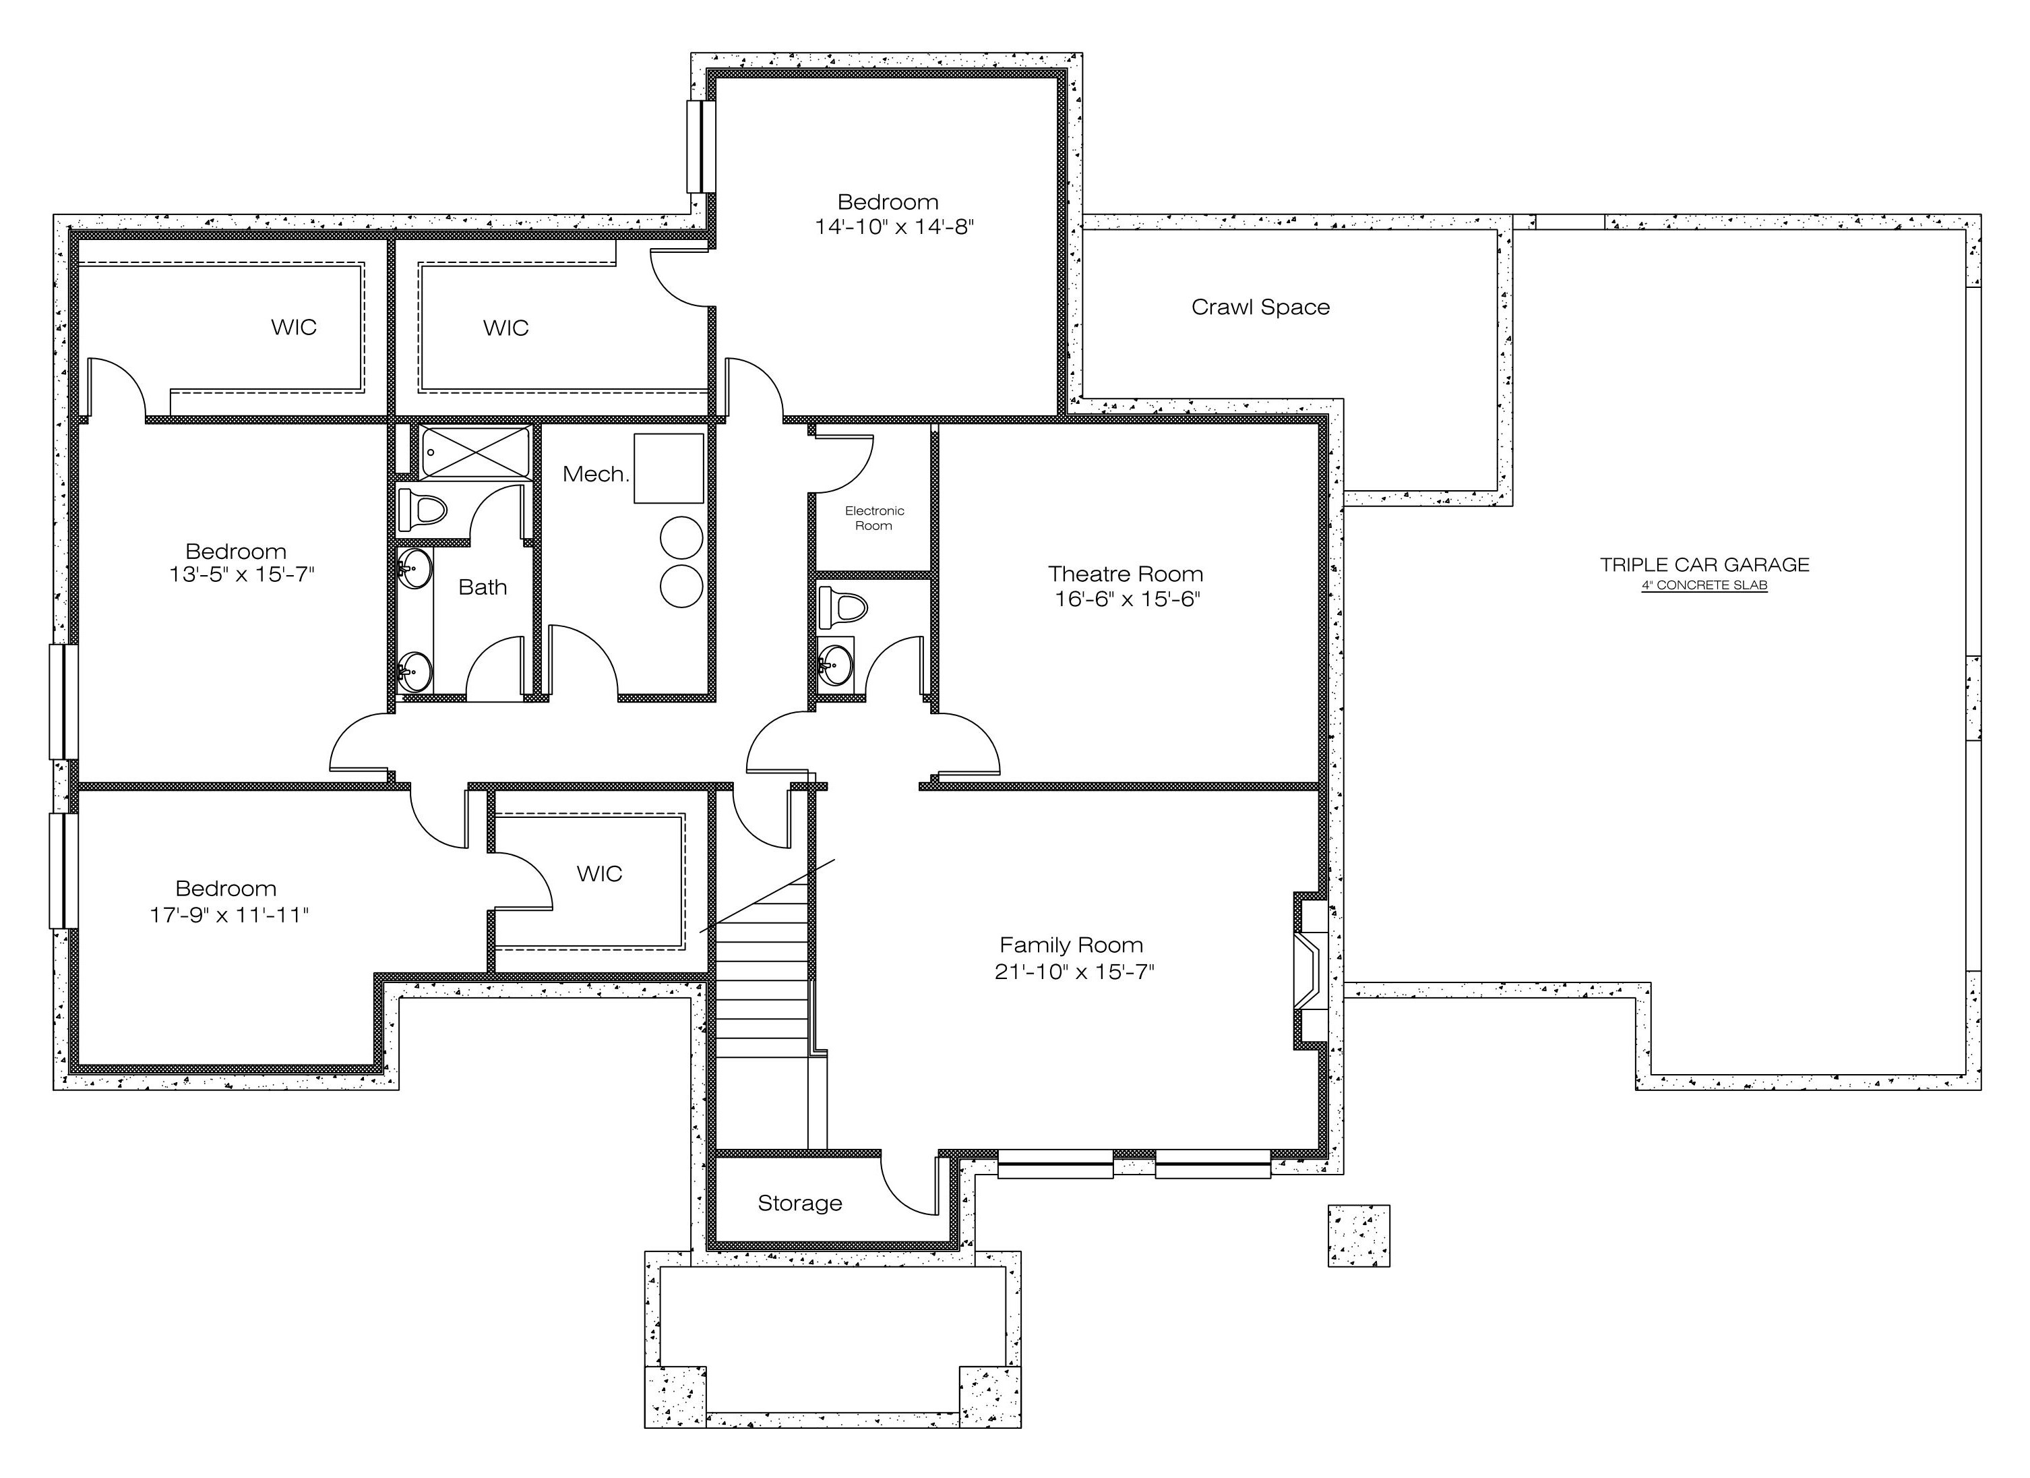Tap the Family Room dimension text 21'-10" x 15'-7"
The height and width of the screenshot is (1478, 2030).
[x=1074, y=972]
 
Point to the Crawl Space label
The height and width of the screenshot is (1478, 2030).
[x=1260, y=307]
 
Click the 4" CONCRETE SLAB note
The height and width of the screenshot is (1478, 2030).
[x=1704, y=585]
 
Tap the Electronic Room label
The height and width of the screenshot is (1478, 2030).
[x=874, y=517]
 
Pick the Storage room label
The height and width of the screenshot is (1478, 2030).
[x=800, y=1202]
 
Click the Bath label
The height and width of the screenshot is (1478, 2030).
[x=483, y=587]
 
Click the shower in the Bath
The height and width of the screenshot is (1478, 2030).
[x=476, y=452]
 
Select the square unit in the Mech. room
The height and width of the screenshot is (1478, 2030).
[x=669, y=468]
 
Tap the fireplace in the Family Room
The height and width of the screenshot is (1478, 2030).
[x=1310, y=970]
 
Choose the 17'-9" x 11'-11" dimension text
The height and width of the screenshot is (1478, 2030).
[x=229, y=914]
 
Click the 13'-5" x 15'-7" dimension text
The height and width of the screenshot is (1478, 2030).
[x=242, y=574]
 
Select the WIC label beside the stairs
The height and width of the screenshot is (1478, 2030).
[x=598, y=874]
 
